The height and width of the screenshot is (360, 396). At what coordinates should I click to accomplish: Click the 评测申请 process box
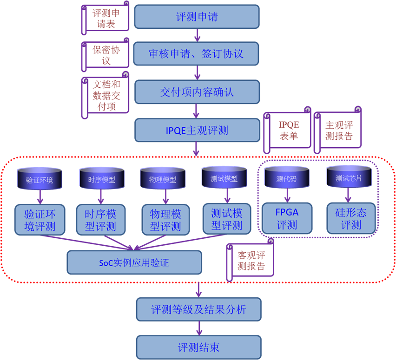click(197, 17)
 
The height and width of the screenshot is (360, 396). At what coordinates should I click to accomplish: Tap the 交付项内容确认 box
click(197, 92)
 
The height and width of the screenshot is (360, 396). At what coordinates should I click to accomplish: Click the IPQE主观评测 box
click(197, 130)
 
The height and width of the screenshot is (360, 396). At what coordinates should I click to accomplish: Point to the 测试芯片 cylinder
click(349, 178)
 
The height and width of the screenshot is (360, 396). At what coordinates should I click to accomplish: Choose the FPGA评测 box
click(287, 218)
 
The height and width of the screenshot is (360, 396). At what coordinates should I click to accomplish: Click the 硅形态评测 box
click(351, 218)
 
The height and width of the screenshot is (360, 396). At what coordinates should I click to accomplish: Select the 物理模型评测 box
click(165, 219)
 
